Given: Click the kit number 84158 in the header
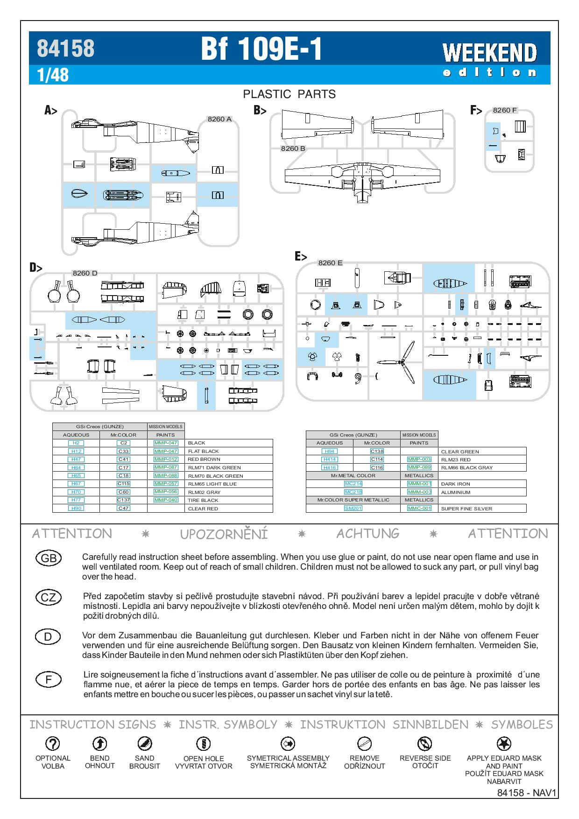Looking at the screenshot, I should (x=65, y=48).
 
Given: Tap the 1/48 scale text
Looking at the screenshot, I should (x=53, y=75).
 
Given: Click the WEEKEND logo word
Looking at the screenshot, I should (x=489, y=52).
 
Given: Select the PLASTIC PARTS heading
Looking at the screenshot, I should (x=289, y=94).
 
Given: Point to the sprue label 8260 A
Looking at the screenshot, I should (x=219, y=119).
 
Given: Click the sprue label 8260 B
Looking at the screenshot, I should (x=293, y=148).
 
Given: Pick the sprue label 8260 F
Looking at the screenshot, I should (x=504, y=110).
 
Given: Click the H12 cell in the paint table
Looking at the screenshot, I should (x=76, y=451).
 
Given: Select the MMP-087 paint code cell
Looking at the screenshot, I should (x=166, y=467).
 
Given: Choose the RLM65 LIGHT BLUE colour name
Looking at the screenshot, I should (x=212, y=484).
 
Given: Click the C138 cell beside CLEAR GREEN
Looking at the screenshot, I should (x=377, y=452).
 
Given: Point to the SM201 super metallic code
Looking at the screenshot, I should (x=353, y=508).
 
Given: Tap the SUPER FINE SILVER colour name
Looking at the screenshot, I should (x=466, y=508).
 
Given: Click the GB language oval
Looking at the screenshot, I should (x=49, y=558).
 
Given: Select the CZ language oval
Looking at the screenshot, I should (x=49, y=597).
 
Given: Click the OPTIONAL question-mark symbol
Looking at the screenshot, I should (x=52, y=743).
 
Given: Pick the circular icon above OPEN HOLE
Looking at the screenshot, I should (x=203, y=743).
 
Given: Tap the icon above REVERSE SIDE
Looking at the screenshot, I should (x=424, y=743).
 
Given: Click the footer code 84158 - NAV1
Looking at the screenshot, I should (x=527, y=793).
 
